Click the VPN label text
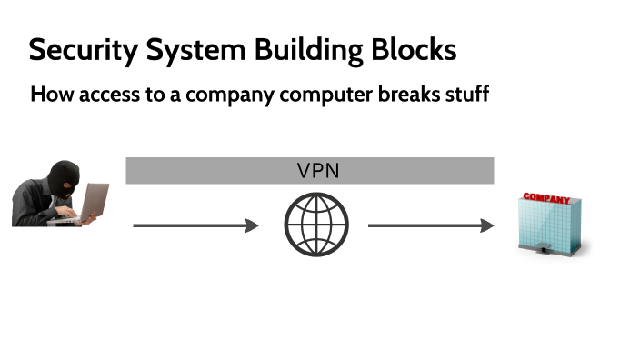pos(318,171)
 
